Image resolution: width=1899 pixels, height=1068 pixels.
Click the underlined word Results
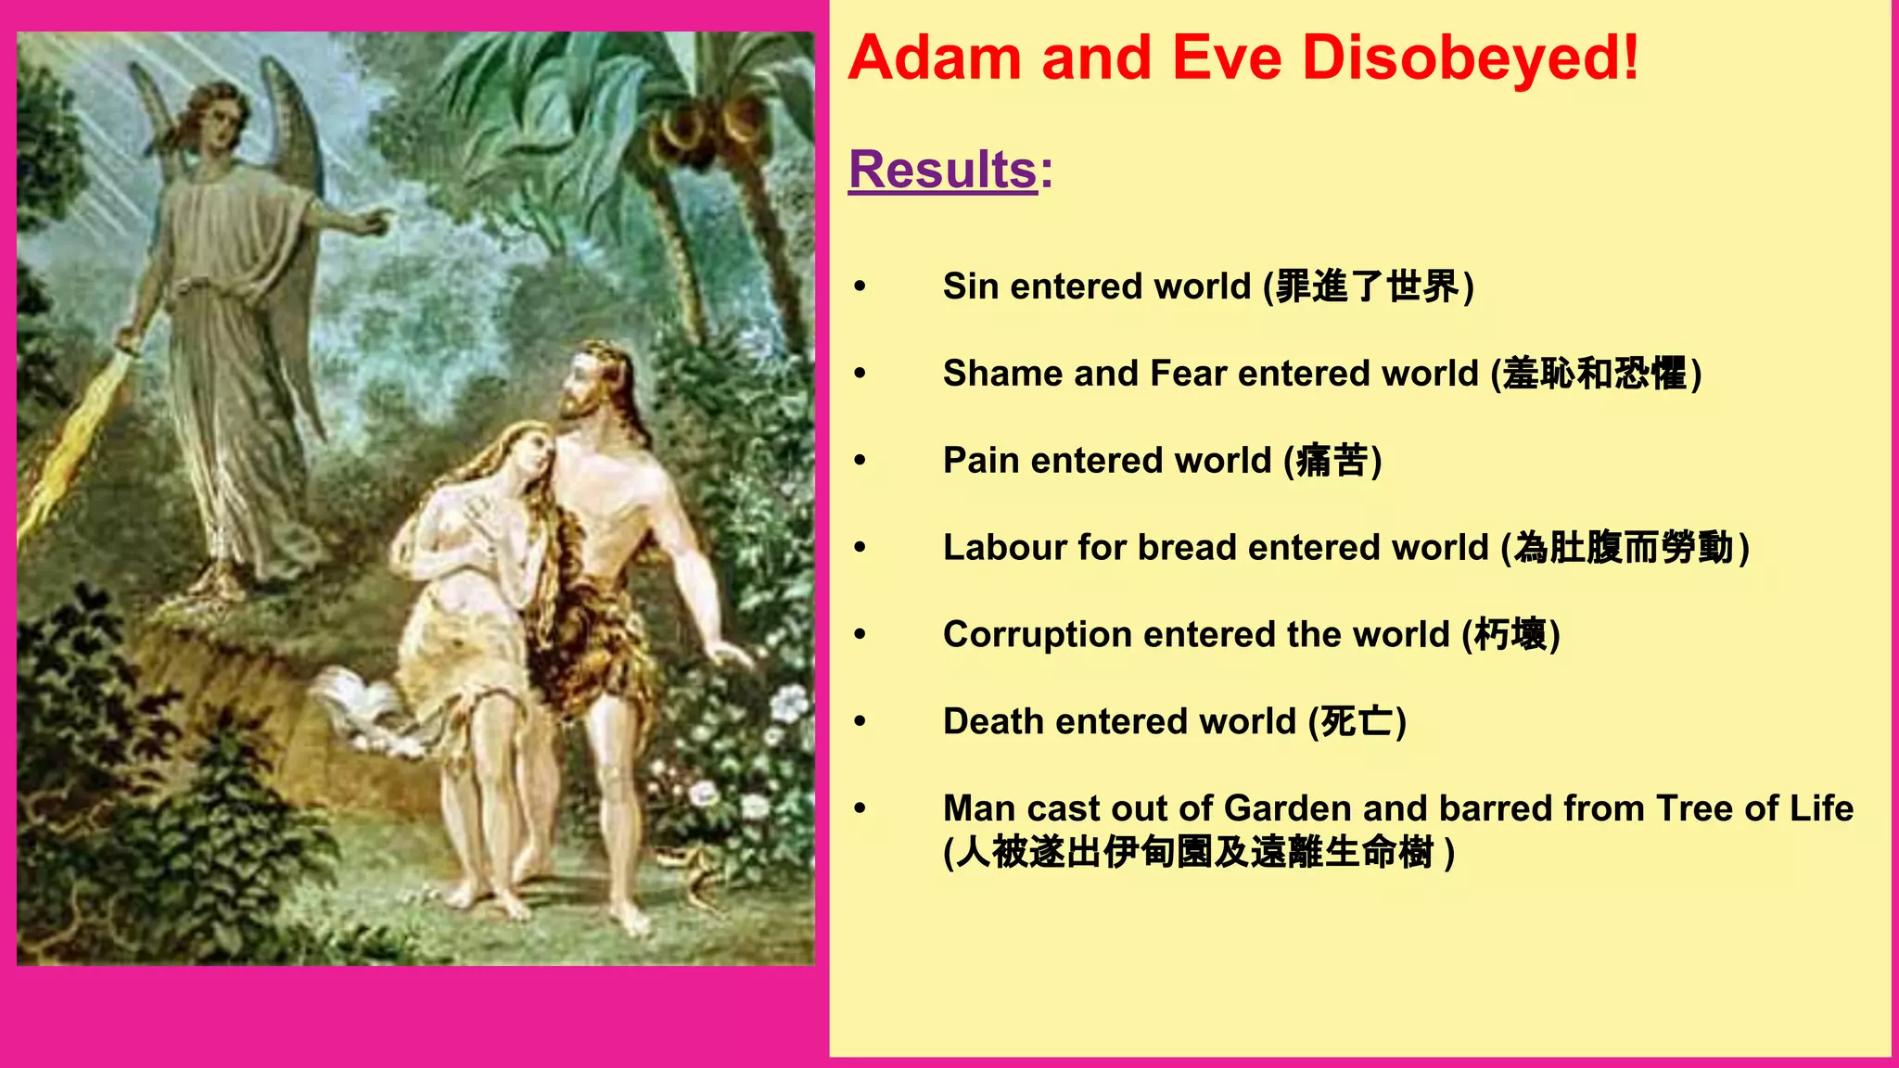tap(942, 170)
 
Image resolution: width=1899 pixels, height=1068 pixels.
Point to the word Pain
tap(981, 461)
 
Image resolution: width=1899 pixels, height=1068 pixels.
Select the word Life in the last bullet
tap(1821, 808)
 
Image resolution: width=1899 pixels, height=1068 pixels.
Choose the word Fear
tap(1188, 374)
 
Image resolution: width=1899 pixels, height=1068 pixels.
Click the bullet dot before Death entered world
tap(860, 721)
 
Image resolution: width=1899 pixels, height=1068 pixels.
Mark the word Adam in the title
tap(934, 57)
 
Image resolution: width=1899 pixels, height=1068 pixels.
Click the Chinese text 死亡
tap(1357, 721)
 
